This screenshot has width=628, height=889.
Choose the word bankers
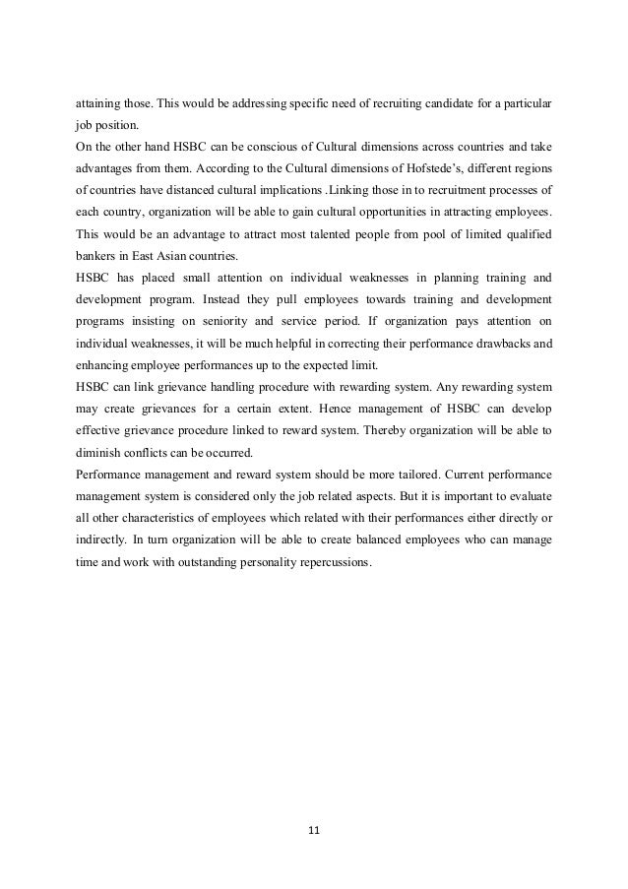(x=98, y=255)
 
